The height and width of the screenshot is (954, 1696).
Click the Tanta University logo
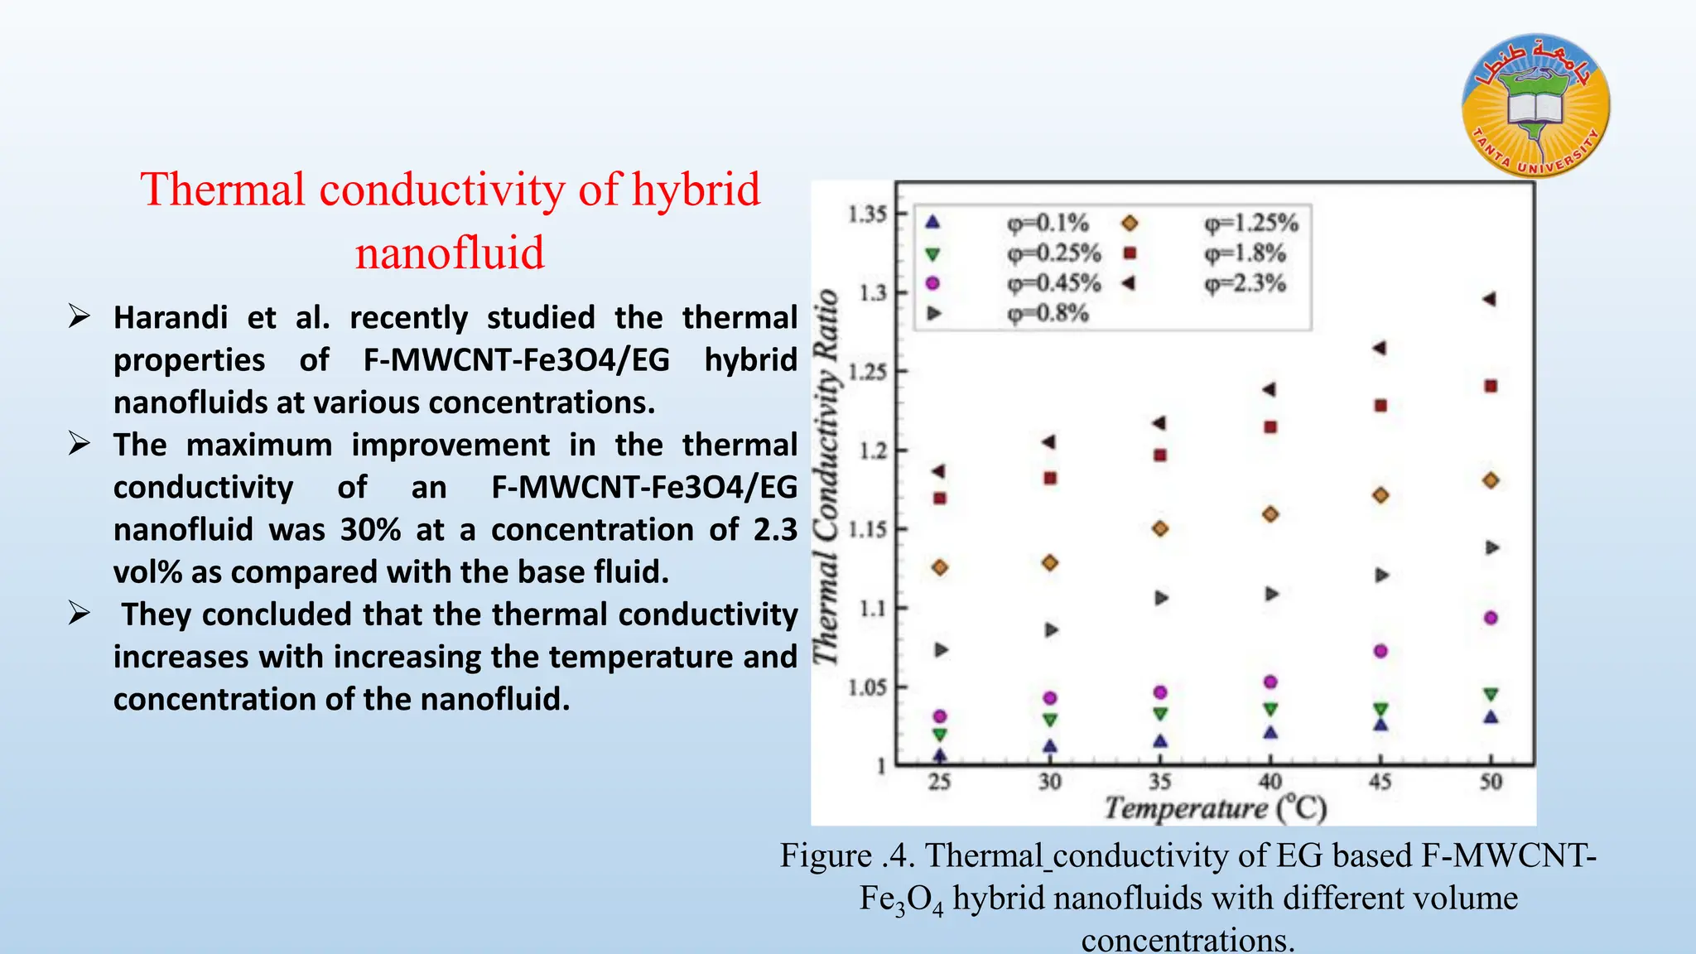[x=1536, y=105]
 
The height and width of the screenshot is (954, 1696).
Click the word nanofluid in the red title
[x=450, y=253]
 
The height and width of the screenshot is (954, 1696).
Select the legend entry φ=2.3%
[x=1245, y=283]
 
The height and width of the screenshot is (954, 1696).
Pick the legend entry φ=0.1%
[x=1048, y=222]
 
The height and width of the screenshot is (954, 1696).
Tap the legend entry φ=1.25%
[x=1251, y=222]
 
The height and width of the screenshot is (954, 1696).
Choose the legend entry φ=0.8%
[x=1048, y=314]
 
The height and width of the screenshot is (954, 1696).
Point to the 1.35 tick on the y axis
[x=867, y=214]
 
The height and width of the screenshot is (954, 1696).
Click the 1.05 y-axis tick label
[x=867, y=687]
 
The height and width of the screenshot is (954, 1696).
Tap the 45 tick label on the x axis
[x=1380, y=782]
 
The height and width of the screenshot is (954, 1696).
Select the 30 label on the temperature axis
[x=1049, y=782]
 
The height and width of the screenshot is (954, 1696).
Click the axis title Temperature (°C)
[x=1215, y=808]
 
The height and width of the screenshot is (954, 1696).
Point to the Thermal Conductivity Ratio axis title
[x=826, y=476]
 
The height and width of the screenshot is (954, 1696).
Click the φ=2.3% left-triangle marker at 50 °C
[x=1490, y=299]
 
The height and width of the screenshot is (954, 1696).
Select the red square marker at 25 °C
[x=940, y=499]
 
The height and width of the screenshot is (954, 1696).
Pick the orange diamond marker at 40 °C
[x=1270, y=514]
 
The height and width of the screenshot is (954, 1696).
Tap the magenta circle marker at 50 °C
[x=1491, y=618]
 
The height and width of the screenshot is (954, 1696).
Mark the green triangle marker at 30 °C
[x=1050, y=720]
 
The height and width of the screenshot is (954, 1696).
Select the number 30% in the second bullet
[x=370, y=530]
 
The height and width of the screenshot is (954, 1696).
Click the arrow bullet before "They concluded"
[x=79, y=614]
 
